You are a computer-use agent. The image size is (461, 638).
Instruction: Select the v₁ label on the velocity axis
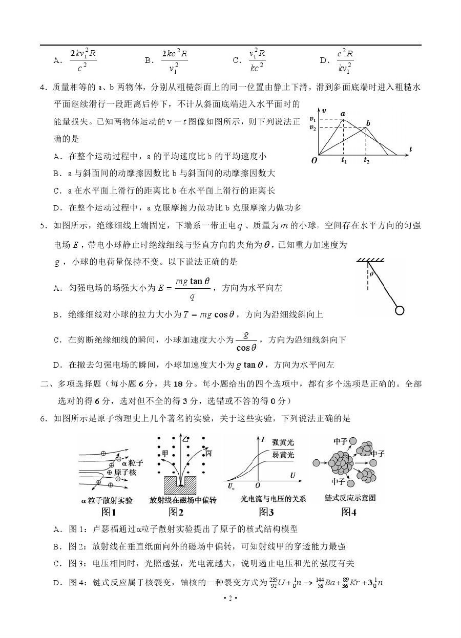(312, 119)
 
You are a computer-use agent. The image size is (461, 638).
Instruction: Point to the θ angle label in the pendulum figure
(371, 273)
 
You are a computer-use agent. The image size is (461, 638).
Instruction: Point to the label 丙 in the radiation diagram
(208, 453)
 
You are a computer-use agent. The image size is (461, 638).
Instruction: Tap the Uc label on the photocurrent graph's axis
(232, 484)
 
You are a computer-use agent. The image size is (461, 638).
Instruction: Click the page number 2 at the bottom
(230, 598)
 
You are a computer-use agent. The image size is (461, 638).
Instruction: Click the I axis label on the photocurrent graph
(262, 439)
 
